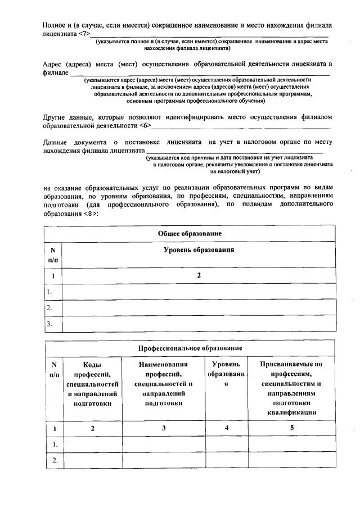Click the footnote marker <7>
[83, 34]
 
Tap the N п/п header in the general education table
[53, 255]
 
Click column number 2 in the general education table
[199, 275]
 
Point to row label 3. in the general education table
[50, 324]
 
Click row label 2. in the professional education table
[55, 460]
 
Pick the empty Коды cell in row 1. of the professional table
[91, 444]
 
